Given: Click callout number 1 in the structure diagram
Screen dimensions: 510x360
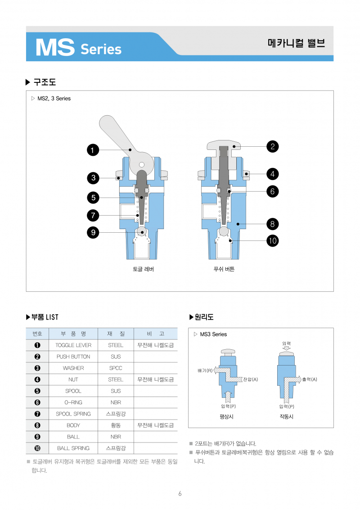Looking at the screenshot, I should (x=93, y=150).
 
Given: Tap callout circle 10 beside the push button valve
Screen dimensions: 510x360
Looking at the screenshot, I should (x=272, y=241).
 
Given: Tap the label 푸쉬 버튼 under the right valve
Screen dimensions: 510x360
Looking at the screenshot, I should (x=224, y=269).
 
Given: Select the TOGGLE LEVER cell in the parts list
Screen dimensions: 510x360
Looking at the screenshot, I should (x=73, y=345).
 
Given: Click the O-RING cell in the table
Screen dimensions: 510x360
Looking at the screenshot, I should (x=73, y=402).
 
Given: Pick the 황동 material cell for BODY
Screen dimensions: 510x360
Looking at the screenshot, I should (x=116, y=425).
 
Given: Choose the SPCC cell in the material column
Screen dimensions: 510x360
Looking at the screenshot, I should (x=116, y=368).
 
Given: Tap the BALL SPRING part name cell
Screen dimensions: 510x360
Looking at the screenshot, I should (x=73, y=448).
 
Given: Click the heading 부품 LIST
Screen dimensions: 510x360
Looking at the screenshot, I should (x=45, y=317).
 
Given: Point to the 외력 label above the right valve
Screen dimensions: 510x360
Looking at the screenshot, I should (x=286, y=344).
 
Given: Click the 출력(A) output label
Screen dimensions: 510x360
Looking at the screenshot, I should (x=310, y=379).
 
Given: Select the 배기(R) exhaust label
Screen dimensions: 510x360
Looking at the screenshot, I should (x=205, y=370).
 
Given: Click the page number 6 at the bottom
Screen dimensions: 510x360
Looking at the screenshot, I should (x=180, y=494).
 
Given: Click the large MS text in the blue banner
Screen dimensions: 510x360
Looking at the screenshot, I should (x=55, y=48).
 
